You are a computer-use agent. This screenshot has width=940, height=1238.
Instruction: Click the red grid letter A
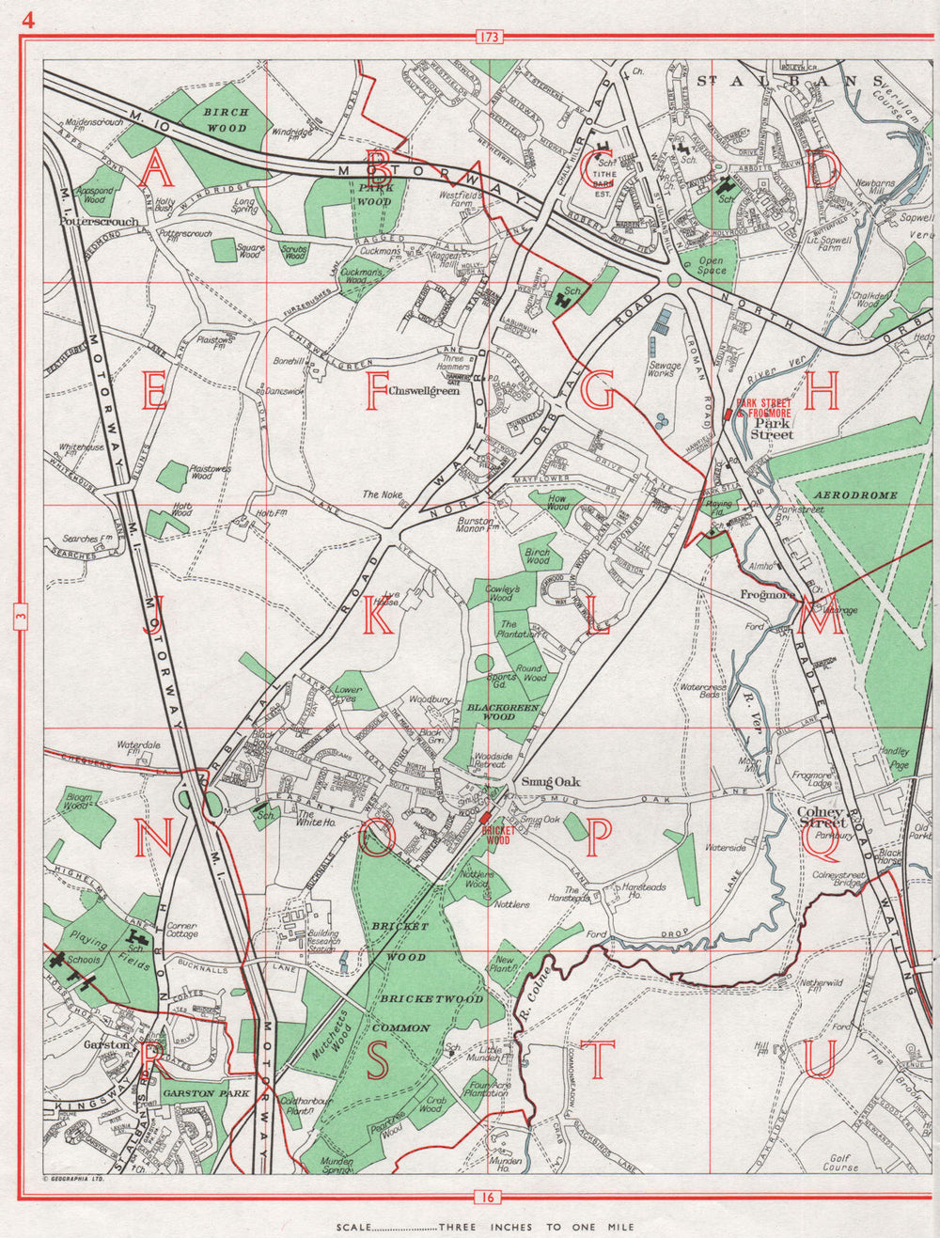click(156, 170)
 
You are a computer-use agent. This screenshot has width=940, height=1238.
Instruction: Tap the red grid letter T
click(598, 1059)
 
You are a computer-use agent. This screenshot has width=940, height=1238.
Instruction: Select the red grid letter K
click(378, 616)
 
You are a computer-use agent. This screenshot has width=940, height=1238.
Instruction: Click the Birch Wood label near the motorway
click(226, 118)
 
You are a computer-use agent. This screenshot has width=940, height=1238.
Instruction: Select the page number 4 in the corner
click(29, 20)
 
